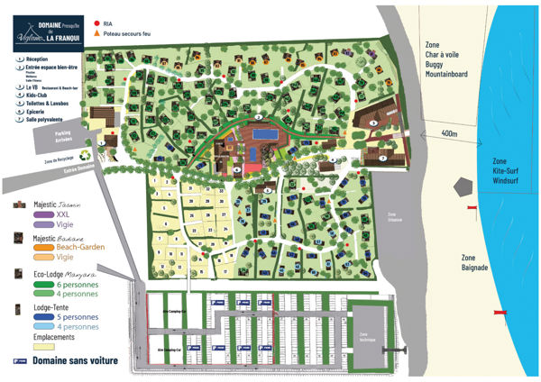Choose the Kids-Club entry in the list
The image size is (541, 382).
(x=37, y=94)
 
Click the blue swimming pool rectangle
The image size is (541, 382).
(x=266, y=135)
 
